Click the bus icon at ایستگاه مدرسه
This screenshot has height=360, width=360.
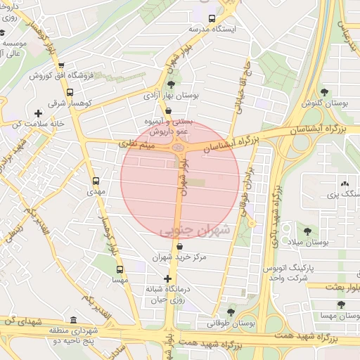212,18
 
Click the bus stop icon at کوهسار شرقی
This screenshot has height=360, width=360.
69,92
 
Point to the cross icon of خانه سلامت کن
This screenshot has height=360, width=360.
38,112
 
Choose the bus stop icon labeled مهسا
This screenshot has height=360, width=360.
119,269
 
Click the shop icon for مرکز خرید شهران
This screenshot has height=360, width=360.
182,247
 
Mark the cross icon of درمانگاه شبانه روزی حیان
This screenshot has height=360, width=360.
167,279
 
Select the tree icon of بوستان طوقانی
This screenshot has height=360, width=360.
231,313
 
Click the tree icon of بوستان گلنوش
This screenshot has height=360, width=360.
324,92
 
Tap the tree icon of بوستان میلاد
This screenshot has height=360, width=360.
307,231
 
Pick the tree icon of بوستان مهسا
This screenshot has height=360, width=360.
341,305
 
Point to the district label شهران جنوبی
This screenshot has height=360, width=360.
195,230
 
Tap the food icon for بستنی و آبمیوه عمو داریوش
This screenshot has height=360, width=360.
167,110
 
